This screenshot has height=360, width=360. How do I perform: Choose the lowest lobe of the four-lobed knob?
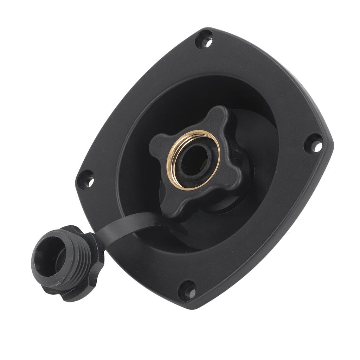coord(175,208)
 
